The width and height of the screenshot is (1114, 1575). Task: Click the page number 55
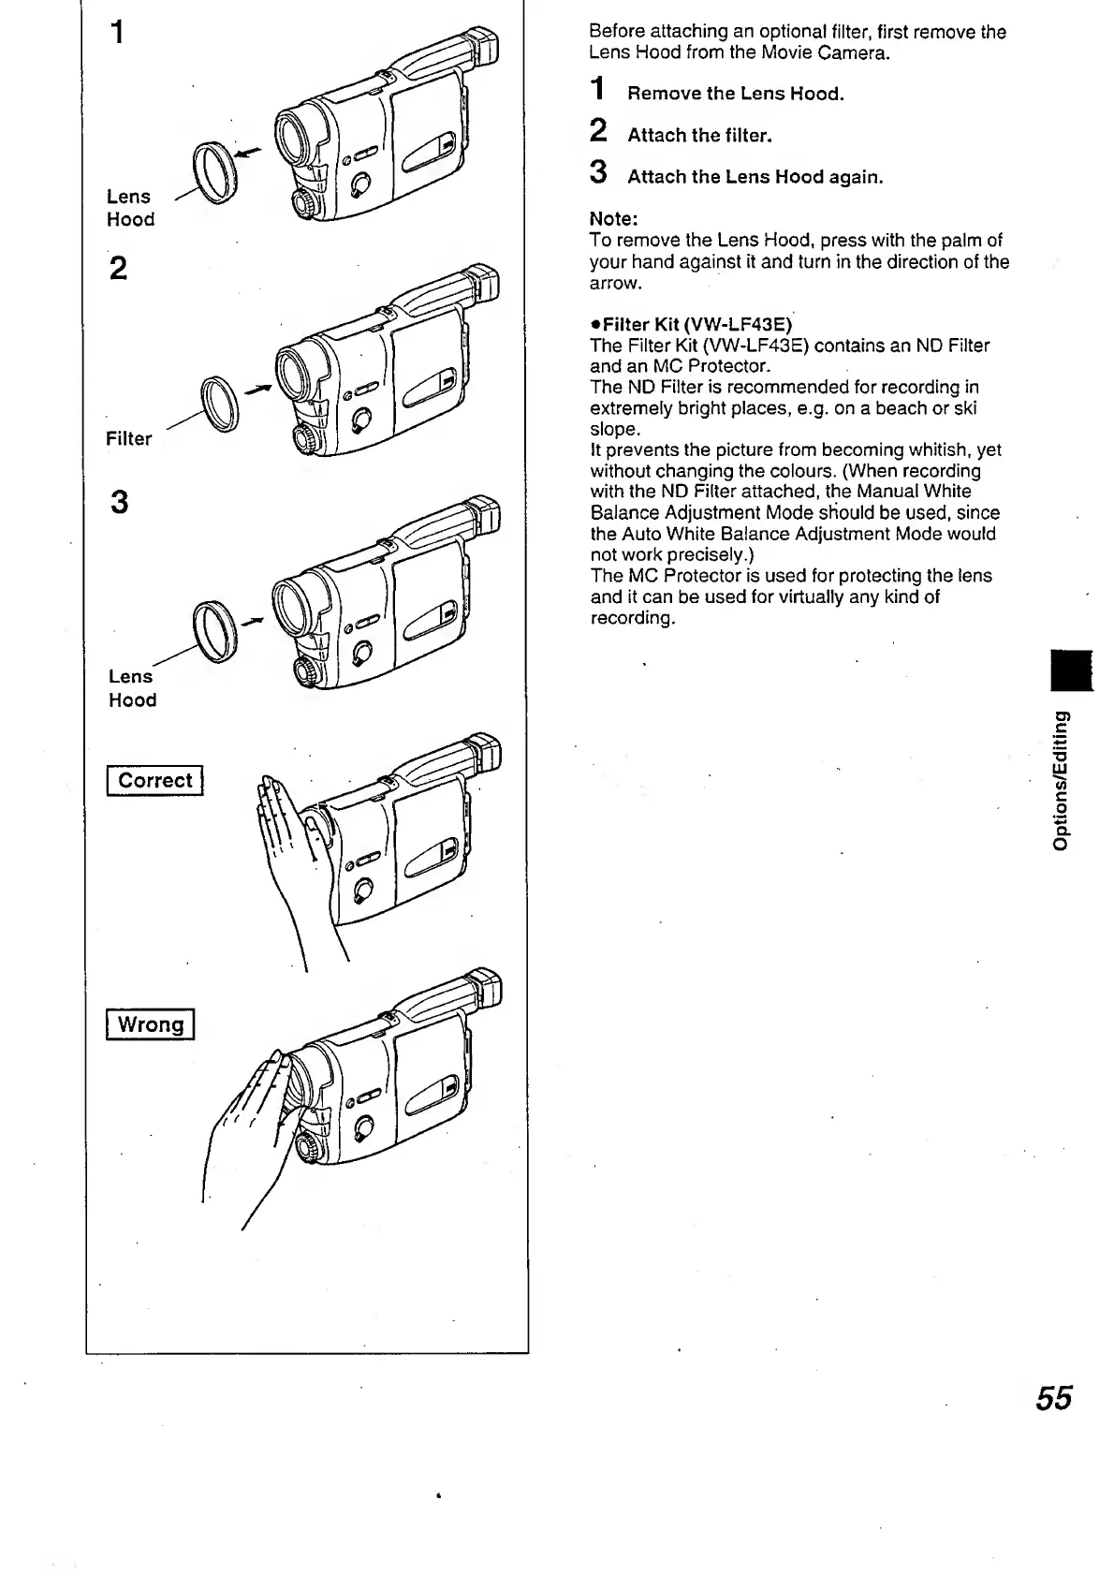(x=1053, y=1398)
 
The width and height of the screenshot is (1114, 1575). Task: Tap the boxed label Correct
(x=154, y=780)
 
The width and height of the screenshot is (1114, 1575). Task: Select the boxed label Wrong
(x=150, y=1024)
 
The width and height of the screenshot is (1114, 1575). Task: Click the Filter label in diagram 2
(x=128, y=438)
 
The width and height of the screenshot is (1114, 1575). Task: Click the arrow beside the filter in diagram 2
(x=257, y=387)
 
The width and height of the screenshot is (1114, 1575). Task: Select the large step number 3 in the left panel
(x=119, y=503)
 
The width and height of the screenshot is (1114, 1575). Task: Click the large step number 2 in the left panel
(x=118, y=269)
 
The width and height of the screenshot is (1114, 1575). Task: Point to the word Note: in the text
(x=613, y=219)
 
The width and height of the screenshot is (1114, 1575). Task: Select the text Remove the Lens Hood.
(x=735, y=94)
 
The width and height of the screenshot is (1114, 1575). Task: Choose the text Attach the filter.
(x=699, y=136)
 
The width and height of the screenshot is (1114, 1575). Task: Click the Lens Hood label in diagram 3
(x=131, y=688)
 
